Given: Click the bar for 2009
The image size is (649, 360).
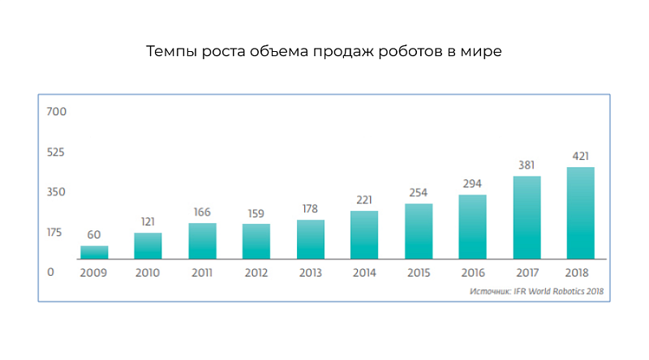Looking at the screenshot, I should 94,252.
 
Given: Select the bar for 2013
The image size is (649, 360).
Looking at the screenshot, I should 310,239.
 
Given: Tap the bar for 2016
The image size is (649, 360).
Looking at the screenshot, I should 472,226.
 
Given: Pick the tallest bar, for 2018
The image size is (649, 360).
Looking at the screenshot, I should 580,212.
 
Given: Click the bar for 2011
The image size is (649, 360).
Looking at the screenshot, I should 202,241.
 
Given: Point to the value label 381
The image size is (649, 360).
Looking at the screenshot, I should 527,165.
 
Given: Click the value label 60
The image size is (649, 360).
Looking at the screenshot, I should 94,235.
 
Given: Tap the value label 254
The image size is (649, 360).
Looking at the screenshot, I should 419,193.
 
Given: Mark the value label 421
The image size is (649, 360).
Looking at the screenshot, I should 580,156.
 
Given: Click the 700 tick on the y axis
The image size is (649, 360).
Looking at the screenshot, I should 56,111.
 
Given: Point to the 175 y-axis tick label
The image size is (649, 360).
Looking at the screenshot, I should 54,233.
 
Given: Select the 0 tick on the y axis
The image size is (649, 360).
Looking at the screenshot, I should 50,272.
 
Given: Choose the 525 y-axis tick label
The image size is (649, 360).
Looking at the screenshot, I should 55,152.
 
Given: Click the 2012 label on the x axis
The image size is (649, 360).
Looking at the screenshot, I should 256,272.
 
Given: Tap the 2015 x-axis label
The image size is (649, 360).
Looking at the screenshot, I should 419,272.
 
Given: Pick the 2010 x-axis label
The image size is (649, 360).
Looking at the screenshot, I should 148,272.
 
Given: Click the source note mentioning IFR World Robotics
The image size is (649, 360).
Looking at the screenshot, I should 537,290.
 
